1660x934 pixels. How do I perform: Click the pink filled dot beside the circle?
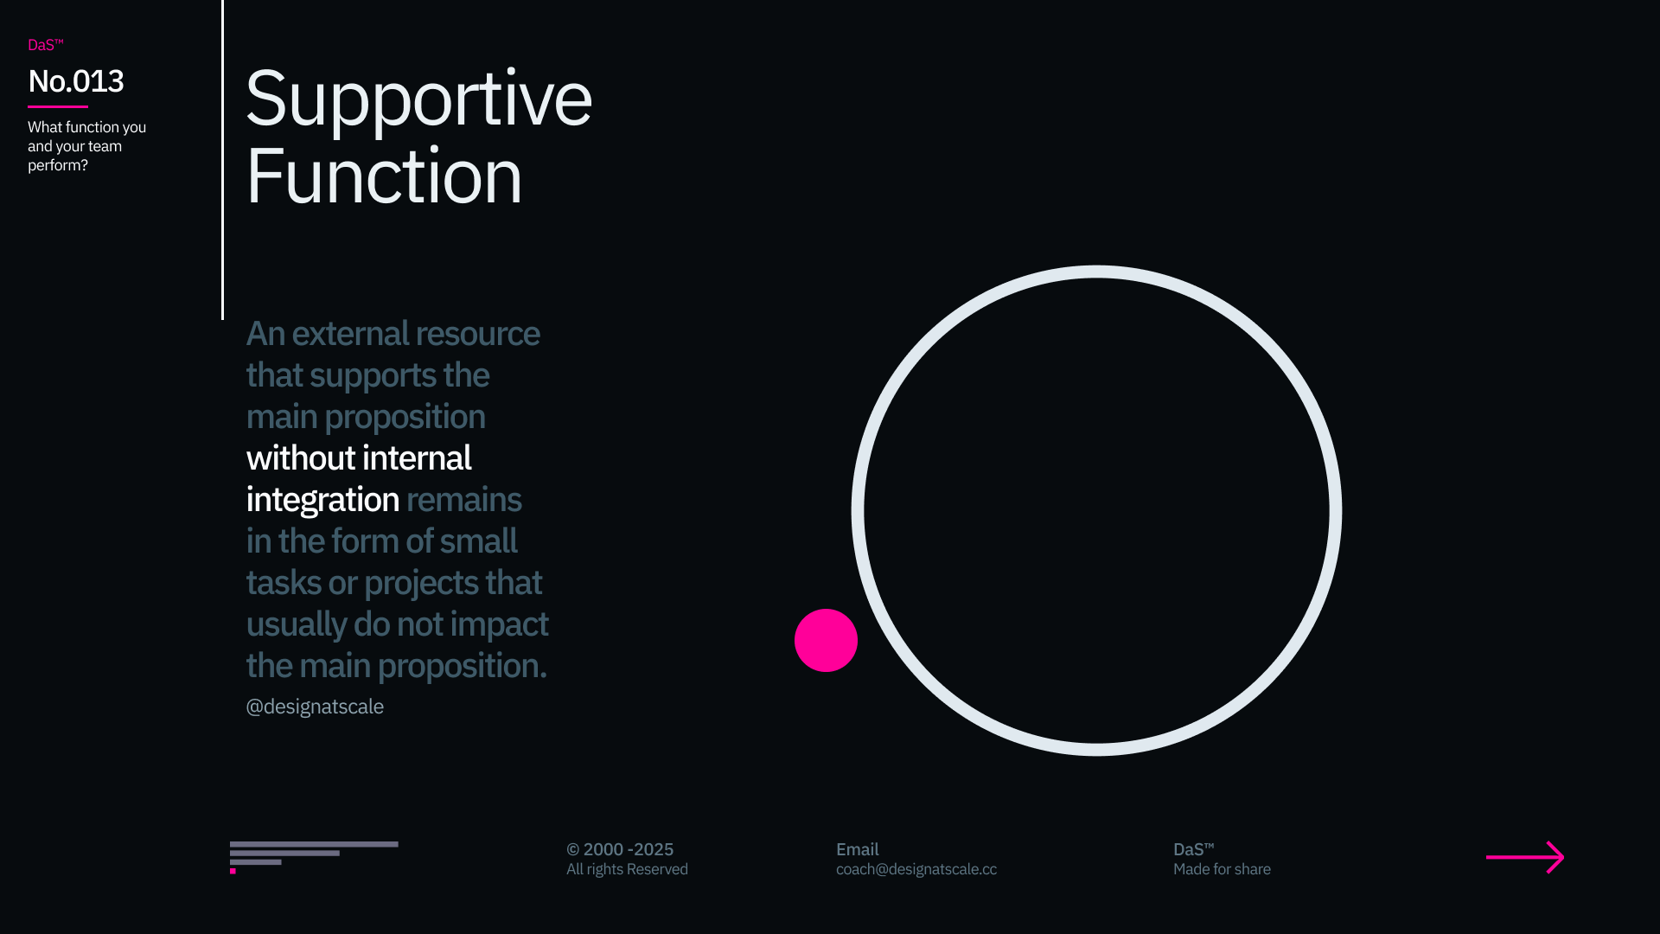coord(826,640)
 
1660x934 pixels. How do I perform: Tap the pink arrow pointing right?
coord(1525,857)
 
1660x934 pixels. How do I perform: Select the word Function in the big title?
coord(384,176)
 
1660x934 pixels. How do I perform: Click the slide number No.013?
coord(76,81)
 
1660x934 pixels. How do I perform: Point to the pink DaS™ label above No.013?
coord(46,45)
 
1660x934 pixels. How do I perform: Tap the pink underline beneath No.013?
coord(58,106)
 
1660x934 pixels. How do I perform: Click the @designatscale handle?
coord(315,707)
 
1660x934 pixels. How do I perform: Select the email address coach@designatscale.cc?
coord(916,869)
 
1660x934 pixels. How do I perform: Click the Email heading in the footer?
coord(858,849)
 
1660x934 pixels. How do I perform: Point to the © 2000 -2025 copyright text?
coord(620,849)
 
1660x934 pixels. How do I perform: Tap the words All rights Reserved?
coord(627,869)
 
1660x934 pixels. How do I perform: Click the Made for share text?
coord(1222,869)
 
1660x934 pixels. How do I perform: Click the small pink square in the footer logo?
coord(233,871)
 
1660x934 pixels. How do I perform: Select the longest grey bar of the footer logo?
coord(314,844)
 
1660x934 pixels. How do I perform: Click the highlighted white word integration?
coord(322,500)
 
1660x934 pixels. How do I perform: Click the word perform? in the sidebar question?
coord(58,165)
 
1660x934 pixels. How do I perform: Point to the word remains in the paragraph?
coord(464,500)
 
